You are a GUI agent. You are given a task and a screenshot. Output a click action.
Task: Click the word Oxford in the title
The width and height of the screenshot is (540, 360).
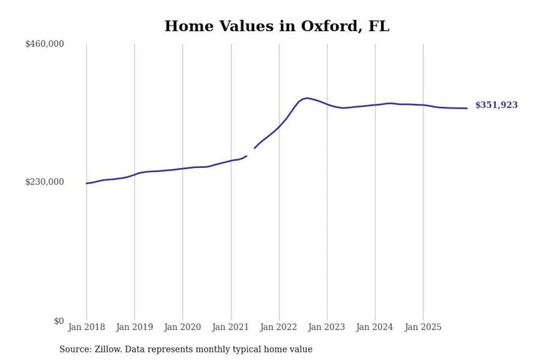329,26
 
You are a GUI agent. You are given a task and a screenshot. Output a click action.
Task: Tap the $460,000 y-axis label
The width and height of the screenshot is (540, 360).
45,44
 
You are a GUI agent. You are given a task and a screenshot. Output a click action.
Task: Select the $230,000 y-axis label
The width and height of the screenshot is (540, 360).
45,182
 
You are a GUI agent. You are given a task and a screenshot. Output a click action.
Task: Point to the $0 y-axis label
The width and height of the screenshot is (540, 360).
59,321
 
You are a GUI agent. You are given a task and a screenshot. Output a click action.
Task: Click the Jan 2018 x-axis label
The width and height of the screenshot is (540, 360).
87,327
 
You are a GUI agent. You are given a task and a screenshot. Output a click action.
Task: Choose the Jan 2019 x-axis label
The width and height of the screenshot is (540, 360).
135,327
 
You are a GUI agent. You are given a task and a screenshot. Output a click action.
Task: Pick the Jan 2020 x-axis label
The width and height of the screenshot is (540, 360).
183,327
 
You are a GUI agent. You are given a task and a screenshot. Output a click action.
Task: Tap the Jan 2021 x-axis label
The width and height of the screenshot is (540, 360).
231,327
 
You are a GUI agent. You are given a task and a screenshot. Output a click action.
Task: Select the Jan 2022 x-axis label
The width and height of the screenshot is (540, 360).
279,327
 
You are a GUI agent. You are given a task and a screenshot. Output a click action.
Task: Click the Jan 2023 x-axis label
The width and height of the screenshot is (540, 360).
327,327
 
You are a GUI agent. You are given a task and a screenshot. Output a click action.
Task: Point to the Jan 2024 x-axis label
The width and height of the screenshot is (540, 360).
375,327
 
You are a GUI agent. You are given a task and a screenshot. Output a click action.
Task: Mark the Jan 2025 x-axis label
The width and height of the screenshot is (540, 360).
423,327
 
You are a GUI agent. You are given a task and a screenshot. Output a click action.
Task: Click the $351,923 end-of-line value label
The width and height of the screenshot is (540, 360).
496,105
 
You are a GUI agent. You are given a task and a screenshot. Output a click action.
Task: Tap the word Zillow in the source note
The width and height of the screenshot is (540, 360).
108,349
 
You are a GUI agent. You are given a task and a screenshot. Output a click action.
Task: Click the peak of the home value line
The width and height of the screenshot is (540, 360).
307,98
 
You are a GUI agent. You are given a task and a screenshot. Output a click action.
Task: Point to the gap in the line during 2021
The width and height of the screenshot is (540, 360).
250,152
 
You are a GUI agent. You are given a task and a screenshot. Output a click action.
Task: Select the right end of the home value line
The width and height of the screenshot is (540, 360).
467,108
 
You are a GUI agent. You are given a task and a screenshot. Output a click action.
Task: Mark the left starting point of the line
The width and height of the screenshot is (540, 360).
87,183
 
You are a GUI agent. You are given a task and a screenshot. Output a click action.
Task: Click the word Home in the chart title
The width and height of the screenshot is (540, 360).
189,26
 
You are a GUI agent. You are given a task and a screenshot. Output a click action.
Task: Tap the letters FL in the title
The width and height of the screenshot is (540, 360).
379,26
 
